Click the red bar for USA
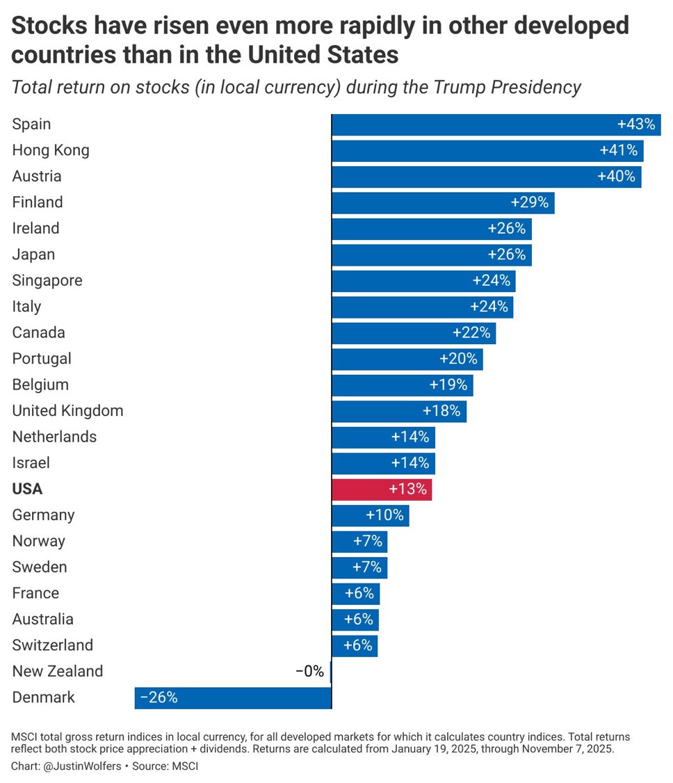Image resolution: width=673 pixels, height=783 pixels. pos(382,489)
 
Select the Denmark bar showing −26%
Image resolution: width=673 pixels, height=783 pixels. pos(233,697)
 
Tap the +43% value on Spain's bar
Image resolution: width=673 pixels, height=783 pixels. pos(636,124)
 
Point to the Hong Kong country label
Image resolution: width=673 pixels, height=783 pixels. pos(51,150)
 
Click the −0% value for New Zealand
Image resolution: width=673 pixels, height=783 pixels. pos(309,671)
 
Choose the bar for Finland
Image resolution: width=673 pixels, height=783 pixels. pos(443,202)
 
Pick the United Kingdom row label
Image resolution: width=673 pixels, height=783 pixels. pos(67,410)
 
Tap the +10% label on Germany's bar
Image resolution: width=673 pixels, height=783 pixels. pos(384,515)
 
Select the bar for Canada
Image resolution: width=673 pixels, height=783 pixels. pos(414,332)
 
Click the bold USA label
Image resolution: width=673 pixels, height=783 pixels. pos(27,489)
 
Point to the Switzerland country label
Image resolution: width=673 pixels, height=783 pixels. pos(52,645)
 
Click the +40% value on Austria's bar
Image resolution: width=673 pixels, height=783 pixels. pos(617,177)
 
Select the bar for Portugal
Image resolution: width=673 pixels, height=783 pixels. pos(407,359)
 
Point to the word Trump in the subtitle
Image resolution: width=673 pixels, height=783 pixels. pos(460,88)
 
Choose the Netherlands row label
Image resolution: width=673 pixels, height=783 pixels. pos(54,437)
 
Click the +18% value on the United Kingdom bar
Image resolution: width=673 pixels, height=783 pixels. pos(441,411)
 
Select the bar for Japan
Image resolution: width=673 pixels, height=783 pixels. pos(431,255)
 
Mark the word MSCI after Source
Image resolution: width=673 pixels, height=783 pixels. pos(185,766)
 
